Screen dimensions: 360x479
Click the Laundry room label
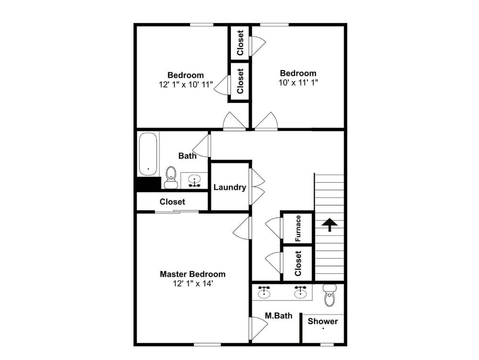(229, 187)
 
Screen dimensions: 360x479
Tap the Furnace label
(298, 228)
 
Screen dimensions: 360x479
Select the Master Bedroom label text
(192, 274)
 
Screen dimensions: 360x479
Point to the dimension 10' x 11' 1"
(298, 82)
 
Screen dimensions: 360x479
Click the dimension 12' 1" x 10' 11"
(185, 84)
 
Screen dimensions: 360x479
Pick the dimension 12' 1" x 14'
(192, 283)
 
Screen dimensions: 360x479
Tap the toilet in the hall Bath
(171, 178)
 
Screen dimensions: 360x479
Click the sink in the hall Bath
(194, 181)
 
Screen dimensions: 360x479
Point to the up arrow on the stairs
(329, 224)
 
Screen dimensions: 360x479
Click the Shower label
(322, 321)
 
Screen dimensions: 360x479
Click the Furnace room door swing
(274, 228)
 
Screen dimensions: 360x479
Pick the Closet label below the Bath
(172, 202)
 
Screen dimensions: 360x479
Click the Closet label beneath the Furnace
(298, 263)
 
